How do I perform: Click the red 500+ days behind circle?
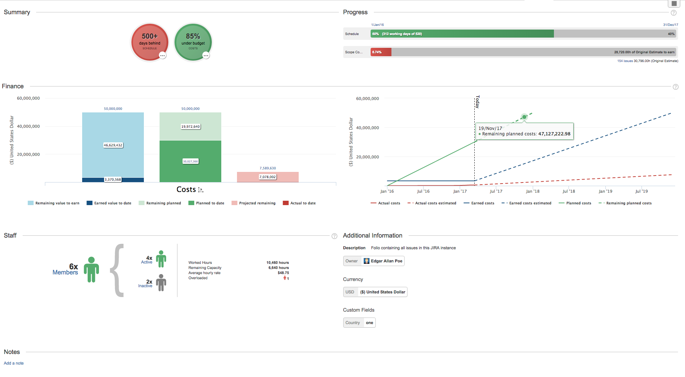[x=150, y=42]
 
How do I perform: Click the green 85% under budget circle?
[x=193, y=42]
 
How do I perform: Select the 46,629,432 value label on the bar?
[x=113, y=145]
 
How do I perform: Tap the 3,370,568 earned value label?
[x=113, y=180]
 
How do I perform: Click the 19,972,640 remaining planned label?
[x=191, y=127]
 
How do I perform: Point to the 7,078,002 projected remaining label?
[x=268, y=177]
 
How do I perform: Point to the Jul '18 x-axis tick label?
[x=569, y=191]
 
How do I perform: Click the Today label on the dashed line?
[x=477, y=102]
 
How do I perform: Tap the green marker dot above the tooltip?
[x=524, y=117]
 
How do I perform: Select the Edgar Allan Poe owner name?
[x=386, y=261]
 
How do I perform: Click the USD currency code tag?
[x=350, y=292]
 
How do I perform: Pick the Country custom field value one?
[x=370, y=323]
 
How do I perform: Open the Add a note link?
[x=14, y=363]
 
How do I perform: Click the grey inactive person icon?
[x=161, y=283]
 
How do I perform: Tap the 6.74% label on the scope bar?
[x=377, y=52]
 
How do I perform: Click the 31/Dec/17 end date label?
[x=670, y=25]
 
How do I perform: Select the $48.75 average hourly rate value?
[x=283, y=273]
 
